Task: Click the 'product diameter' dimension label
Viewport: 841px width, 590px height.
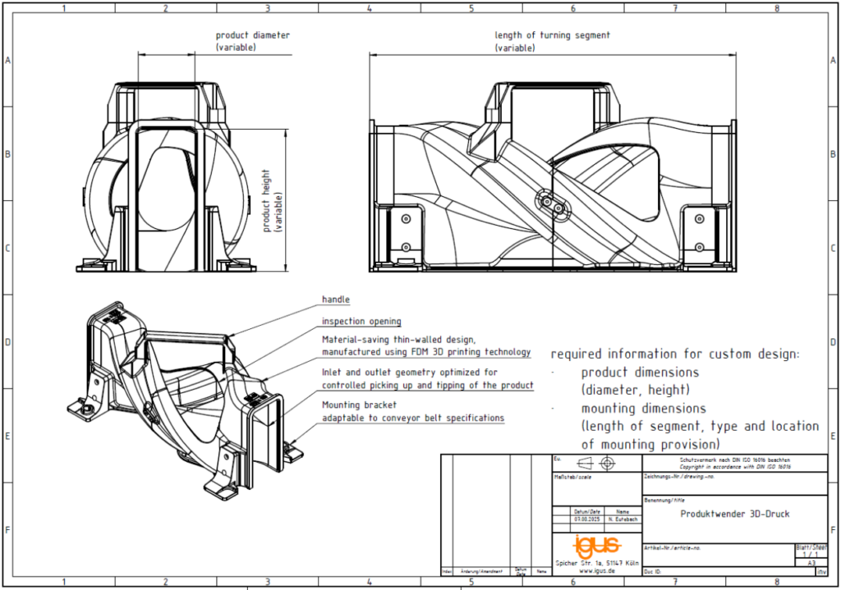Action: click(x=252, y=35)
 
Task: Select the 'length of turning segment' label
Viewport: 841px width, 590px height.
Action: click(x=552, y=35)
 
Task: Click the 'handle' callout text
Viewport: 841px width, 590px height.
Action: click(x=335, y=300)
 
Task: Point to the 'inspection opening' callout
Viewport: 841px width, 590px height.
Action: click(x=361, y=321)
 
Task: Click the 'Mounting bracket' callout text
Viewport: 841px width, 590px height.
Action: click(x=359, y=405)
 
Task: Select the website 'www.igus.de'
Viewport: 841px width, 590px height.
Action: click(x=596, y=572)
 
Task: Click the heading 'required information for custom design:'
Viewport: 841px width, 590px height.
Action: click(x=674, y=354)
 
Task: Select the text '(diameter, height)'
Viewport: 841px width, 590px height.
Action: click(x=635, y=390)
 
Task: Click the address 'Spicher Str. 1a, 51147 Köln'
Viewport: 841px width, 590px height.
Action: click(x=597, y=563)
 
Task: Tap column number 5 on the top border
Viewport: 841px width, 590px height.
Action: click(x=471, y=8)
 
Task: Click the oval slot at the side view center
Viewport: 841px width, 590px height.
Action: click(x=552, y=202)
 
